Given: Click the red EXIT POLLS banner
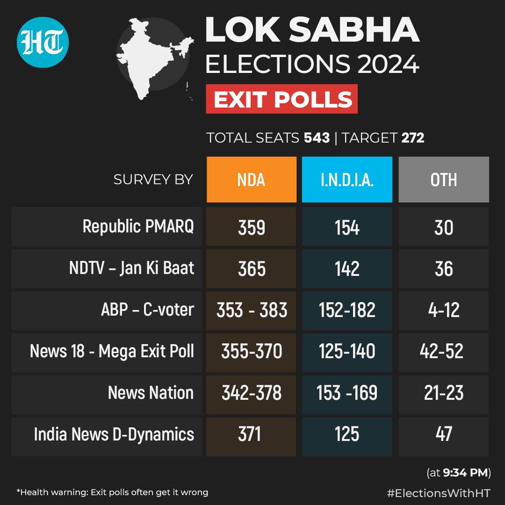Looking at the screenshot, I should (x=281, y=99).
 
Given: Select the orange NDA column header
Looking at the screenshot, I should (x=252, y=180).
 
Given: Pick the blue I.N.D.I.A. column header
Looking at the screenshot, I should (x=347, y=180).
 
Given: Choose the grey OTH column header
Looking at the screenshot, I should (x=443, y=180).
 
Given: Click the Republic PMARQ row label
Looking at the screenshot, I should (x=138, y=227).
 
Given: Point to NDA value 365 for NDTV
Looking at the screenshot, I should (x=252, y=269).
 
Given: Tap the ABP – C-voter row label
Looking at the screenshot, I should (x=147, y=310).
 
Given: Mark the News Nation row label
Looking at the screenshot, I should (x=151, y=393).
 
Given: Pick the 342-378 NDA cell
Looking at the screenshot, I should (x=252, y=393).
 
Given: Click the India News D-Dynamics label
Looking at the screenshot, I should (x=114, y=434).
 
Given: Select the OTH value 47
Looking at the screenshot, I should (x=443, y=434).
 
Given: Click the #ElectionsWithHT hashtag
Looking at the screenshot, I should (x=439, y=492).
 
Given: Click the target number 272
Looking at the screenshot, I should (x=412, y=138).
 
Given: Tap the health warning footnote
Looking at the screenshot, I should (x=112, y=492).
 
